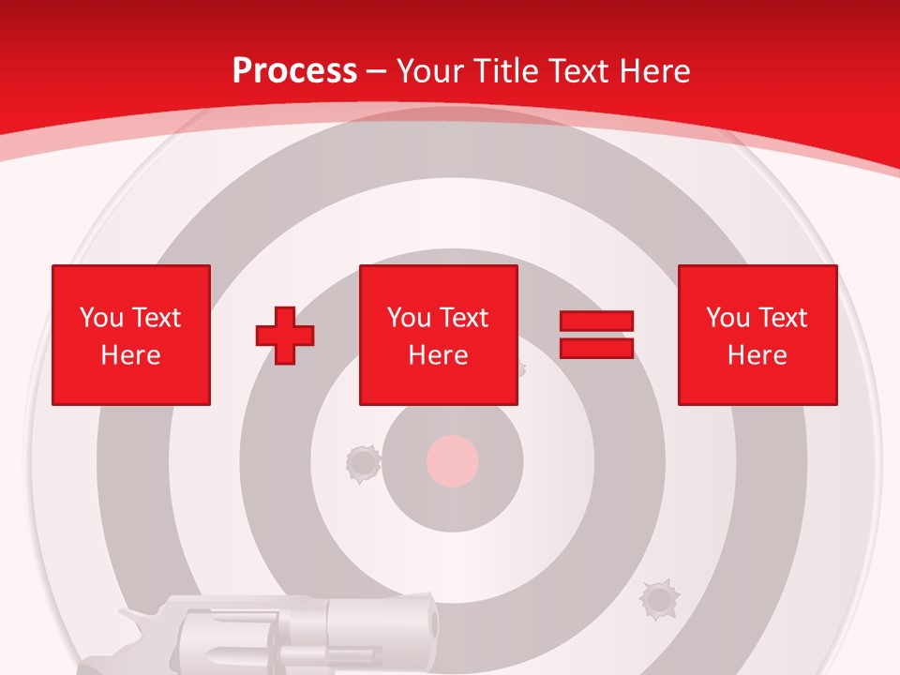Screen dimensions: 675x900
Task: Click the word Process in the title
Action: tap(294, 71)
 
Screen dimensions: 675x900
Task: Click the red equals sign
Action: tap(596, 336)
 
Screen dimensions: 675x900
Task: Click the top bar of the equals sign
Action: tap(596, 322)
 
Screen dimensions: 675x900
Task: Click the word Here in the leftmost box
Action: tap(131, 355)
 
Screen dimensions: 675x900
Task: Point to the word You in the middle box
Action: tap(409, 318)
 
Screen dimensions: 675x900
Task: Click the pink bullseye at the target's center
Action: tap(453, 461)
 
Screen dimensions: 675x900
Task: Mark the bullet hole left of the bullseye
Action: tap(362, 462)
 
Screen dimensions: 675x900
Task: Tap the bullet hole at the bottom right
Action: tap(658, 598)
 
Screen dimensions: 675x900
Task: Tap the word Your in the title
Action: tap(429, 71)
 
